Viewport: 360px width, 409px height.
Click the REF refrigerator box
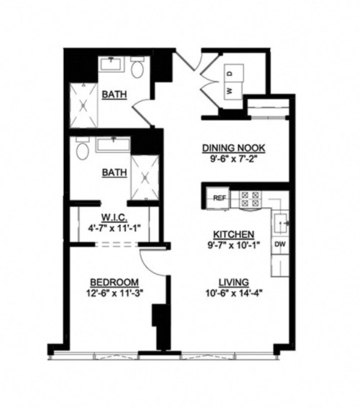coord(219,198)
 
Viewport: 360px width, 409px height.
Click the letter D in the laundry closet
coord(230,73)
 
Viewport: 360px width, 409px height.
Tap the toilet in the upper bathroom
coord(136,70)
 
